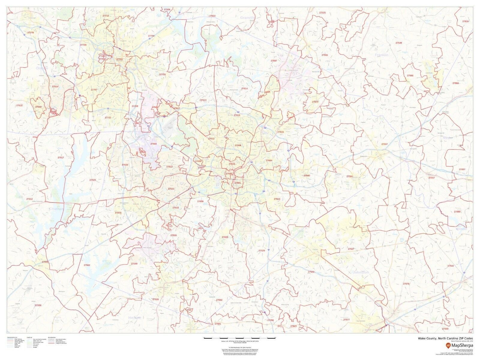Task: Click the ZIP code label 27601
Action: pyautogui.click(x=238, y=183)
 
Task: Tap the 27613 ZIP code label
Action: pyautogui.click(x=203, y=100)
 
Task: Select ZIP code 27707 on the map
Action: pyautogui.click(x=94, y=90)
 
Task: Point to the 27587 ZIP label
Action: pyautogui.click(x=274, y=61)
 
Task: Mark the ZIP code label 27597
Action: pyautogui.click(x=385, y=144)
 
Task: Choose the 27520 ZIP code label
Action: pyautogui.click(x=311, y=271)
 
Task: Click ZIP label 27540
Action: pyautogui.click(x=134, y=263)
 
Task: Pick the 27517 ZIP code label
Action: pyautogui.click(x=61, y=157)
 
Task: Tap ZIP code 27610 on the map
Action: pyautogui.click(x=277, y=199)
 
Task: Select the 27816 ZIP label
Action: pyautogui.click(x=465, y=22)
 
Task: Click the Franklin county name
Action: pyautogui.click(x=381, y=55)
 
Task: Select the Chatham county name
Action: pyautogui.click(x=57, y=208)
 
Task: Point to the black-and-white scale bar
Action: pyautogui.click(x=239, y=338)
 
